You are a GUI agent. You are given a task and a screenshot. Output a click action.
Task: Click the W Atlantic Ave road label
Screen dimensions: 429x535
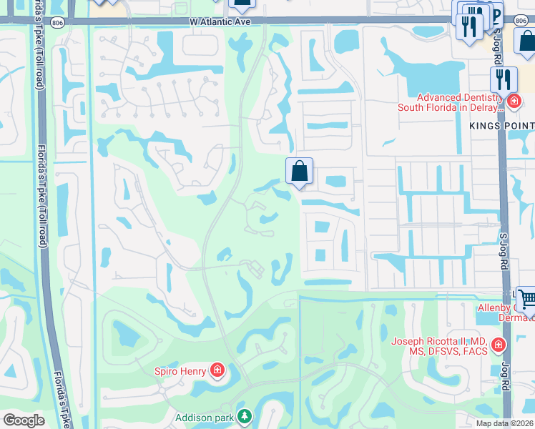point(221,22)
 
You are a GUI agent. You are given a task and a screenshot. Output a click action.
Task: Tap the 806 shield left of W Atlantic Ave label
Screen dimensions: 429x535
point(58,22)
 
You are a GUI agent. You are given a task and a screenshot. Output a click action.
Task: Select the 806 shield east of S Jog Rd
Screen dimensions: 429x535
point(520,22)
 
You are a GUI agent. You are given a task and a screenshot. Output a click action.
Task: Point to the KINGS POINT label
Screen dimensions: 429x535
point(501,125)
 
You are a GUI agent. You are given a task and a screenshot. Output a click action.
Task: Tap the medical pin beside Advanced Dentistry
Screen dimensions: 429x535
point(513,103)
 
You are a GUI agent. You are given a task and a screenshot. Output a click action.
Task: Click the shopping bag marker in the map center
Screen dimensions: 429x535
point(300,172)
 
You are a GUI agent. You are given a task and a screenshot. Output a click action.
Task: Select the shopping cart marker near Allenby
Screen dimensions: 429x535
point(528,300)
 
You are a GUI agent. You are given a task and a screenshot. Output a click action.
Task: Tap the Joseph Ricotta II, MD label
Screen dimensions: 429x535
point(437,347)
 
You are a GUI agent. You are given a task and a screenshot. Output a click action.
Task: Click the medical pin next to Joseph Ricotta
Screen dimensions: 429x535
point(498,347)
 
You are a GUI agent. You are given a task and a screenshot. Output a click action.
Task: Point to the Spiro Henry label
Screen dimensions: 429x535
point(180,370)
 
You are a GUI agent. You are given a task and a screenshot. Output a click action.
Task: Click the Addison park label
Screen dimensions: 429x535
point(205,416)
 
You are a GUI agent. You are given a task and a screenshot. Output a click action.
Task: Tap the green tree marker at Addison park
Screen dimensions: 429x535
point(245,416)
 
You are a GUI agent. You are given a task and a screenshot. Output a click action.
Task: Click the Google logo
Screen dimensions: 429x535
point(24,420)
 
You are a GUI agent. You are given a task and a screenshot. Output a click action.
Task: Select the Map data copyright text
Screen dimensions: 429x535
point(504,423)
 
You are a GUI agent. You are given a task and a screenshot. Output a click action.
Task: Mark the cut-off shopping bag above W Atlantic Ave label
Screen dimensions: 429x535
point(242,4)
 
